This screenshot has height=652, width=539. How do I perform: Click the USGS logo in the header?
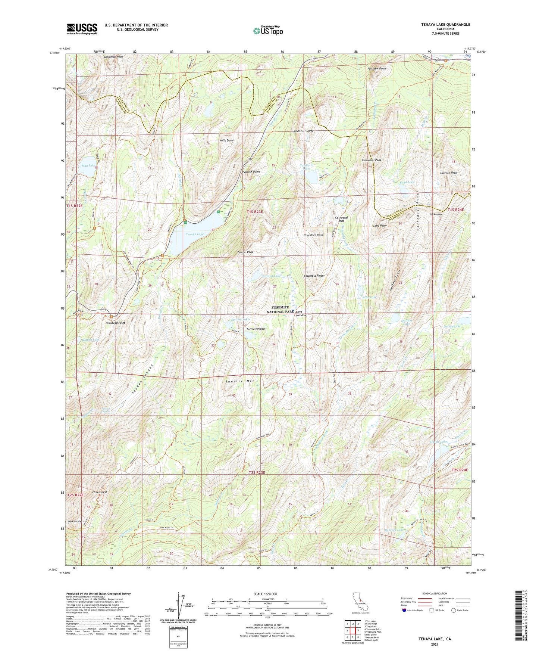[82, 28]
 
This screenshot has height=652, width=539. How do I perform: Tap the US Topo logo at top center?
[268, 31]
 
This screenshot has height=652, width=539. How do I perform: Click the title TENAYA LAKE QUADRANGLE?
[440, 25]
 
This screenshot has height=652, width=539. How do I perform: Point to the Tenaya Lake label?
[195, 234]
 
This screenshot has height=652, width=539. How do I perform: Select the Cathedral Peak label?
[371, 160]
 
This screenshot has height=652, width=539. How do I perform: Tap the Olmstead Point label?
[115, 323]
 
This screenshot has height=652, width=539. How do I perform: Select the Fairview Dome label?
[377, 69]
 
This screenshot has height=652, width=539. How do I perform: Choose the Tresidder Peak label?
[313, 235]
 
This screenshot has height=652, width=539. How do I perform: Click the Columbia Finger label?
[314, 276]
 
